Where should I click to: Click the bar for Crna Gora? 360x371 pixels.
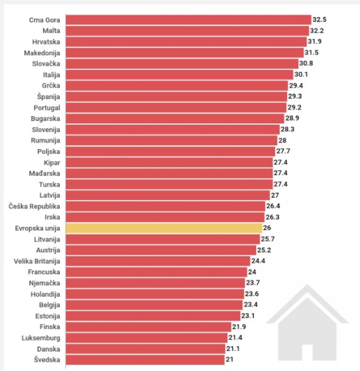tap(189, 20)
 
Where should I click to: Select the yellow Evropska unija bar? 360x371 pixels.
tap(164, 228)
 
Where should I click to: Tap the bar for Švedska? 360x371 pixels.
tap(145, 359)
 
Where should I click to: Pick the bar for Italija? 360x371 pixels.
tap(180, 75)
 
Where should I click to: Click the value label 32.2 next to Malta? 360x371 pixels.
tap(317, 31)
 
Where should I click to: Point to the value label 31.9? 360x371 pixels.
tap(314, 42)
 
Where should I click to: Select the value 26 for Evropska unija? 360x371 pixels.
tap(267, 228)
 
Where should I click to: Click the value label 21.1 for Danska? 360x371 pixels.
tap(233, 348)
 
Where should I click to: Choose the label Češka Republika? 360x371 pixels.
tap(35, 206)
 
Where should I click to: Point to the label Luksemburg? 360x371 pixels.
tap(40, 337)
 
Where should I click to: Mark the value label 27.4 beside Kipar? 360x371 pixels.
tap(281, 162)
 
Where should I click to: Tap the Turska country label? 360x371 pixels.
tap(49, 184)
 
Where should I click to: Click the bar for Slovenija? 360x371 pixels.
tap(173, 129)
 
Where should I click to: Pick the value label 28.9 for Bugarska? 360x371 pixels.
tap(292, 118)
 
